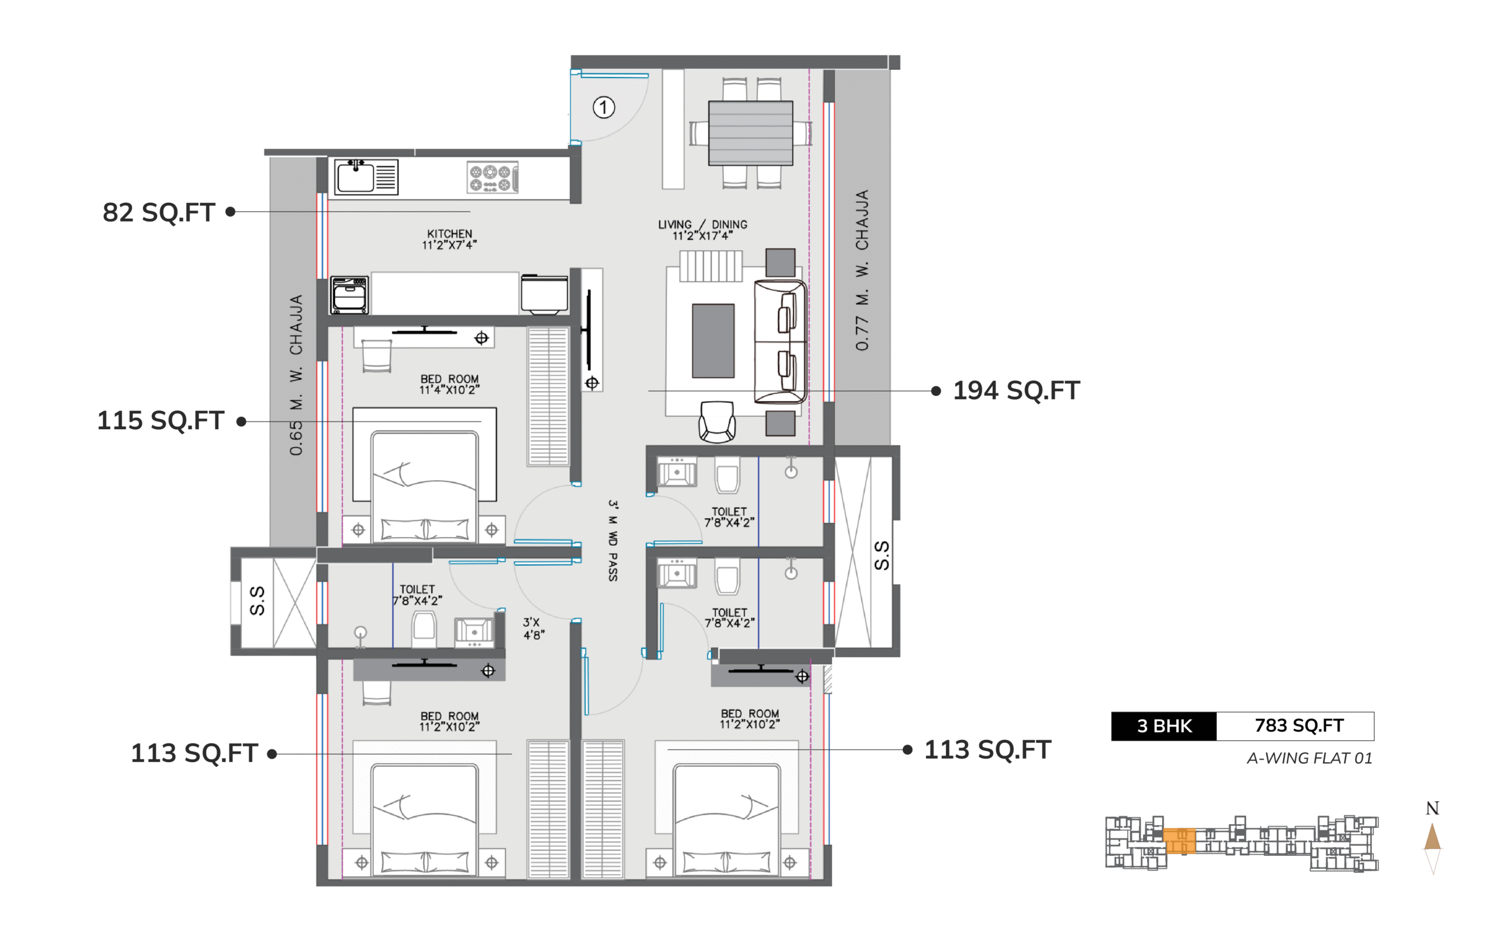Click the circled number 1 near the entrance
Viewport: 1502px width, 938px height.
[603, 107]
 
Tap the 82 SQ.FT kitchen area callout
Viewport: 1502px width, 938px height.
[159, 212]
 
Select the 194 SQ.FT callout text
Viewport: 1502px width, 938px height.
[1016, 390]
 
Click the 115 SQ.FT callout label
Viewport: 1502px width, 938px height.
[160, 420]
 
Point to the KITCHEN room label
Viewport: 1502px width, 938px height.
[449, 233]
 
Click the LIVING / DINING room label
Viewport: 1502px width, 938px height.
[702, 224]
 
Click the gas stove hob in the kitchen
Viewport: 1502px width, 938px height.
[492, 178]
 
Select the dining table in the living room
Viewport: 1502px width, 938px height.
[750, 132]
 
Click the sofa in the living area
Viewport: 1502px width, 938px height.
[780, 342]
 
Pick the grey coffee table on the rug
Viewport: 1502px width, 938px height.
[713, 341]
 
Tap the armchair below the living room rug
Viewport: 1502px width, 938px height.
[717, 422]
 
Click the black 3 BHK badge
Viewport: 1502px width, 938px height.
[1163, 726]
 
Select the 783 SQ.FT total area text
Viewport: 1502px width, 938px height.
[1299, 725]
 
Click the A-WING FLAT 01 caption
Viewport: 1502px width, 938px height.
[1310, 758]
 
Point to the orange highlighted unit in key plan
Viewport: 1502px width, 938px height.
[1179, 841]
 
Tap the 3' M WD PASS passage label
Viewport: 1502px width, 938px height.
[613, 541]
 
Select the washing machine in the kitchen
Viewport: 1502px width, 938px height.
[350, 295]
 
